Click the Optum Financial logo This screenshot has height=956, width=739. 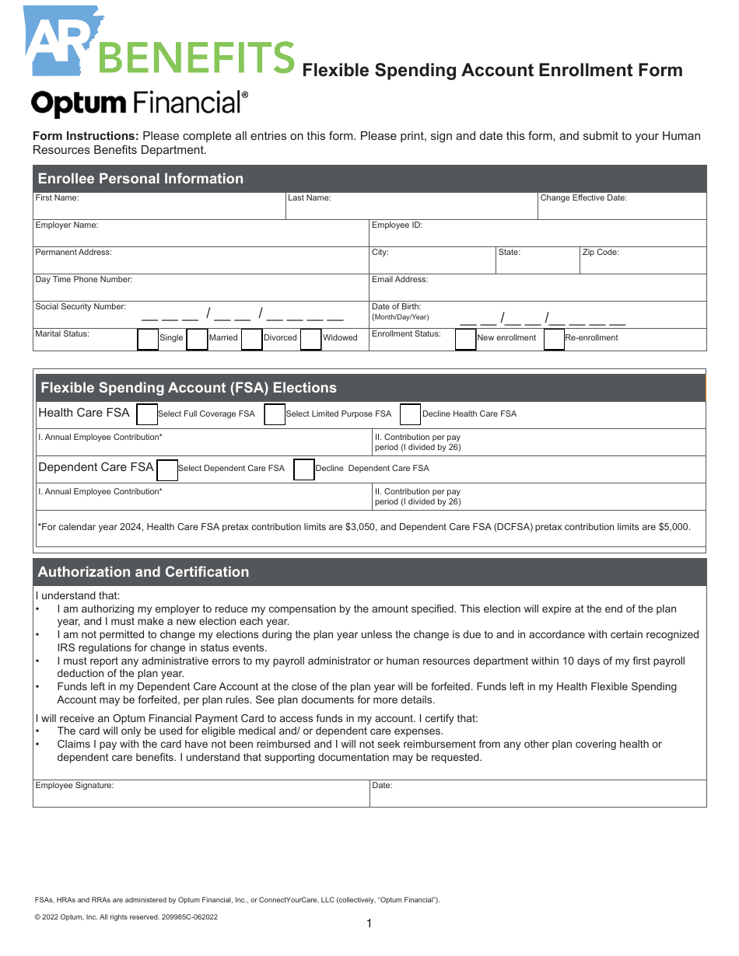coord(140,103)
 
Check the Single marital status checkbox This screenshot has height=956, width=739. coord(148,340)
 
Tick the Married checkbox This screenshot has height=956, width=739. coord(198,340)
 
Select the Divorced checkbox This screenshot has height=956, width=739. coord(251,340)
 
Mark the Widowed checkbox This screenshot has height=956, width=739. coord(311,340)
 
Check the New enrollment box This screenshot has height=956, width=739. coord(465,340)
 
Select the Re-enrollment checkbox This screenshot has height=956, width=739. coord(554,340)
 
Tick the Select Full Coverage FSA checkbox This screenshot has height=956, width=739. coord(147,415)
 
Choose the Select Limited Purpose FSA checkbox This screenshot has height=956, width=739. coord(275,415)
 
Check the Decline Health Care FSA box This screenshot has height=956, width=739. coord(410,415)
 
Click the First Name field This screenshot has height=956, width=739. coord(159,208)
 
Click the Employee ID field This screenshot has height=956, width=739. coord(538,236)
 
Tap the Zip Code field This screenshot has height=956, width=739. coord(643,263)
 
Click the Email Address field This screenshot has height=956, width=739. coord(538,290)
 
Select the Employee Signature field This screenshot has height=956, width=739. coord(201,796)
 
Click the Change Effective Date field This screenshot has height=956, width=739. coord(622,208)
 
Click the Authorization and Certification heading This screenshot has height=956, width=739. coord(144,572)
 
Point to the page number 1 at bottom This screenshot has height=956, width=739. coord(369,923)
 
